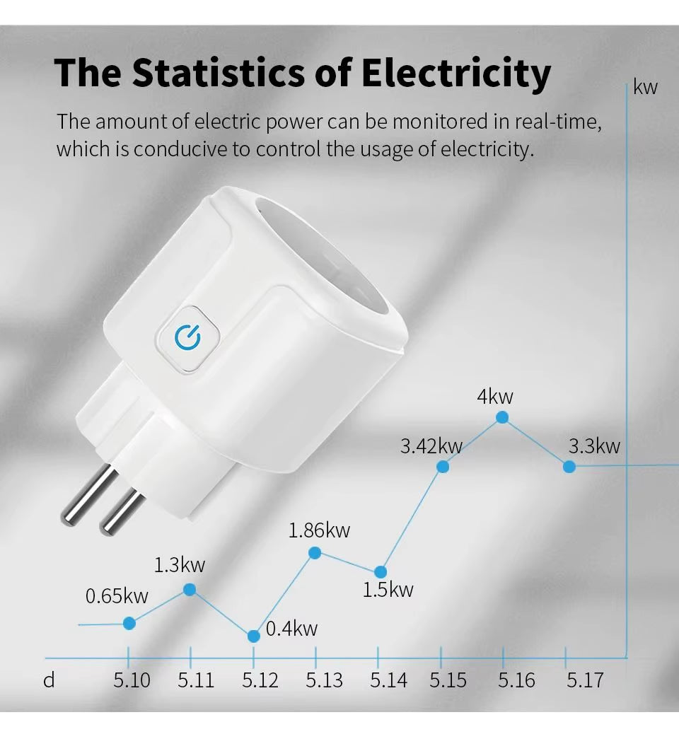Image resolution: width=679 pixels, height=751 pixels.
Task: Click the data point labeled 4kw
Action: [502, 417]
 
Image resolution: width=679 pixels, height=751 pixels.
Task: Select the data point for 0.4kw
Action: [254, 636]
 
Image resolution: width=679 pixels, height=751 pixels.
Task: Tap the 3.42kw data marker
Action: [443, 467]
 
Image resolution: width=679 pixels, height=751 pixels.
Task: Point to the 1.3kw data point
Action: [190, 589]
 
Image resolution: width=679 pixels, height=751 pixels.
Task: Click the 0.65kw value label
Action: [117, 596]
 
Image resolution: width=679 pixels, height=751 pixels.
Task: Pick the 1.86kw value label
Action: [319, 530]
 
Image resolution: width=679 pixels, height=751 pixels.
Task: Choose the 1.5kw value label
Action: [388, 589]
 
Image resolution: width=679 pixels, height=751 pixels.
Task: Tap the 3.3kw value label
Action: [594, 446]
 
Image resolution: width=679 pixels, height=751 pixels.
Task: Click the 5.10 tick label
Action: [132, 680]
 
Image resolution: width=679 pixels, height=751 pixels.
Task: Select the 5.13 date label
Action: [324, 680]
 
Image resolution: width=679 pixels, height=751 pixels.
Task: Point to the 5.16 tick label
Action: [516, 680]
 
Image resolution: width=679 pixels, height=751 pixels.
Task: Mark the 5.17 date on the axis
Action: [584, 680]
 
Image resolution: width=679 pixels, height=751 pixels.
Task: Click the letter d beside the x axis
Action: [49, 680]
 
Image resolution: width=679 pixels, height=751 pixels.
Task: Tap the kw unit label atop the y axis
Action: [645, 87]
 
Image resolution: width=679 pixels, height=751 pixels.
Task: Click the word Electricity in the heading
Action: [456, 73]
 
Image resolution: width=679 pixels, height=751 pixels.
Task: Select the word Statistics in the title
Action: [224, 73]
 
